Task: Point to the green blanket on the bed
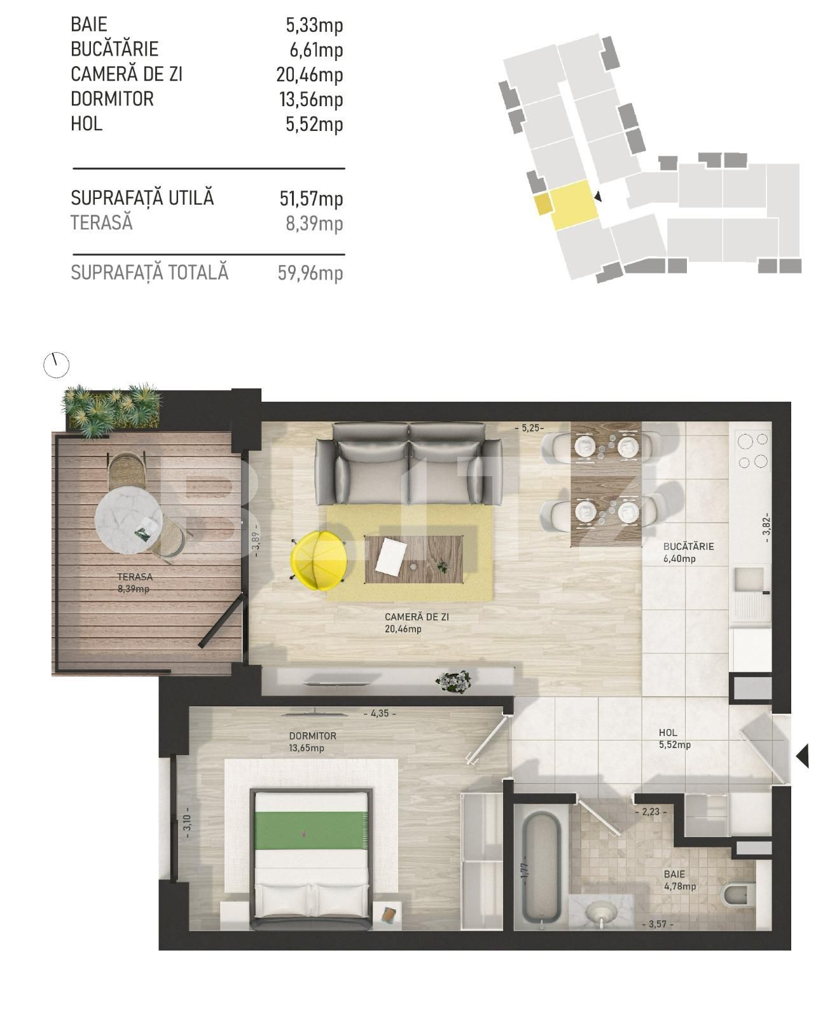(x=311, y=829)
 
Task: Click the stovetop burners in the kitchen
(x=752, y=450)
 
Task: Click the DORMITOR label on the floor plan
(x=312, y=736)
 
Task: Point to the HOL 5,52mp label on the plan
(x=674, y=739)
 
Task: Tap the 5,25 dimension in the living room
(x=529, y=428)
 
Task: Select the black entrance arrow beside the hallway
(x=803, y=756)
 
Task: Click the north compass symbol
(x=56, y=365)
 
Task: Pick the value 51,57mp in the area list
(x=311, y=199)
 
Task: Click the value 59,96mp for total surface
(x=310, y=273)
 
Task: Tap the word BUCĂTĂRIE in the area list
(x=114, y=50)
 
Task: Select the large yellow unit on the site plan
(x=574, y=205)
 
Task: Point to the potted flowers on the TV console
(x=453, y=681)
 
